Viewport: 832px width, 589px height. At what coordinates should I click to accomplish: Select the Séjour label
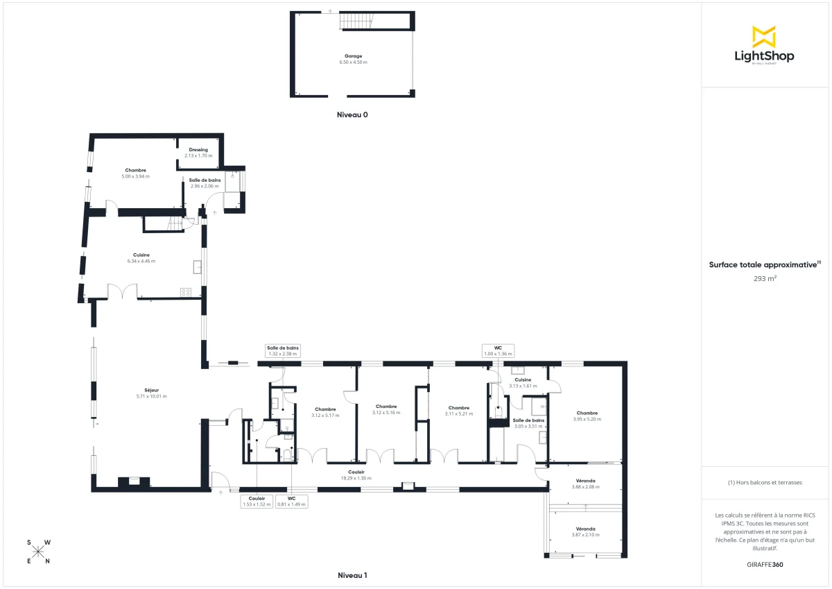pyautogui.click(x=151, y=393)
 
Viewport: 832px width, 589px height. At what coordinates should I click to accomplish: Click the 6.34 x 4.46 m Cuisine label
pyautogui.click(x=141, y=258)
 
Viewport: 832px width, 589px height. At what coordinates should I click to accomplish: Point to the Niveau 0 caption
pyautogui.click(x=352, y=115)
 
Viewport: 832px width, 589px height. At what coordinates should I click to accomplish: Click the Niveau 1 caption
pyautogui.click(x=352, y=575)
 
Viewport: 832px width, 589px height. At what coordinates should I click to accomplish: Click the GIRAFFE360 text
pyautogui.click(x=765, y=565)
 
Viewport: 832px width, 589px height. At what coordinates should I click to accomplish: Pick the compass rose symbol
pyautogui.click(x=39, y=552)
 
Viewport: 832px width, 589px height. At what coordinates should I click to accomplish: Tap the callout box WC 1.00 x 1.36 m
pyautogui.click(x=498, y=350)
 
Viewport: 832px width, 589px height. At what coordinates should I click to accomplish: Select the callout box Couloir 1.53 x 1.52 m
pyautogui.click(x=257, y=501)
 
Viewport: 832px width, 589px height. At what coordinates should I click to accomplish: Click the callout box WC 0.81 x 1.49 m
pyautogui.click(x=291, y=501)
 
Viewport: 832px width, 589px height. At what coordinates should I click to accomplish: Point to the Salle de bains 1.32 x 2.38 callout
pyautogui.click(x=282, y=350)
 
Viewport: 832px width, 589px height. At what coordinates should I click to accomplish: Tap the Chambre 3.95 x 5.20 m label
pyautogui.click(x=587, y=416)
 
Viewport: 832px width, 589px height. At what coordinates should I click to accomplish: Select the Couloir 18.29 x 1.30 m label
pyautogui.click(x=356, y=475)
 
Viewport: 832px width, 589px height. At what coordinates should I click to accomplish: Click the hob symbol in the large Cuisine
pyautogui.click(x=186, y=292)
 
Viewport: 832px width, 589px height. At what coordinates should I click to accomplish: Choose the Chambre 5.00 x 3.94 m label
pyautogui.click(x=135, y=173)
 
